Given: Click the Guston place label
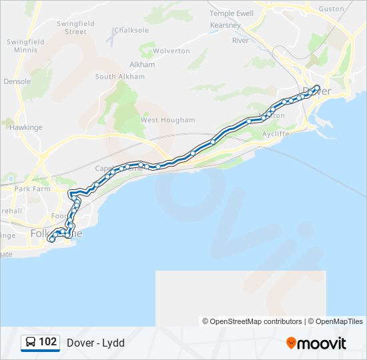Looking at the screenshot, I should [x=331, y=9].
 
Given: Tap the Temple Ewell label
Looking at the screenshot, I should [x=232, y=13].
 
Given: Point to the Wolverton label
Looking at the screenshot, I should [x=171, y=51].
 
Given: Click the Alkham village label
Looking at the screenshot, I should [x=142, y=65].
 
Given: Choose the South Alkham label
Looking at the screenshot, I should [x=119, y=77].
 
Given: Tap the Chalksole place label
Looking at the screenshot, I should [x=131, y=30].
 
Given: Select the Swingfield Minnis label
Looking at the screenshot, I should [x=25, y=45].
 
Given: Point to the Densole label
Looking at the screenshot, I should [x=17, y=81].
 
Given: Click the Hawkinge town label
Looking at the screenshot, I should [x=25, y=127].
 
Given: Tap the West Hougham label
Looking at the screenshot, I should [x=167, y=120].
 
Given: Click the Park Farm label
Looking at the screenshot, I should [x=32, y=189].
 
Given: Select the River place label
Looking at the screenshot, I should [x=240, y=41].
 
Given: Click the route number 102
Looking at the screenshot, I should [x=47, y=342].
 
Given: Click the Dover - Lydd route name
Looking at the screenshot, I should [x=95, y=343].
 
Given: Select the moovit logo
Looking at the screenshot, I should [x=316, y=343].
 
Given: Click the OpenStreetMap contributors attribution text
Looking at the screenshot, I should [x=252, y=321].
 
